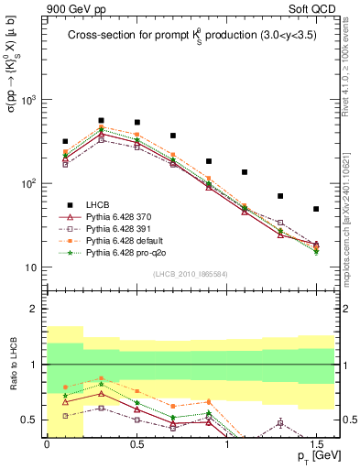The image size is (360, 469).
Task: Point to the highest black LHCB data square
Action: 101,120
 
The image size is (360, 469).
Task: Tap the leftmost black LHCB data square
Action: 65,142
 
